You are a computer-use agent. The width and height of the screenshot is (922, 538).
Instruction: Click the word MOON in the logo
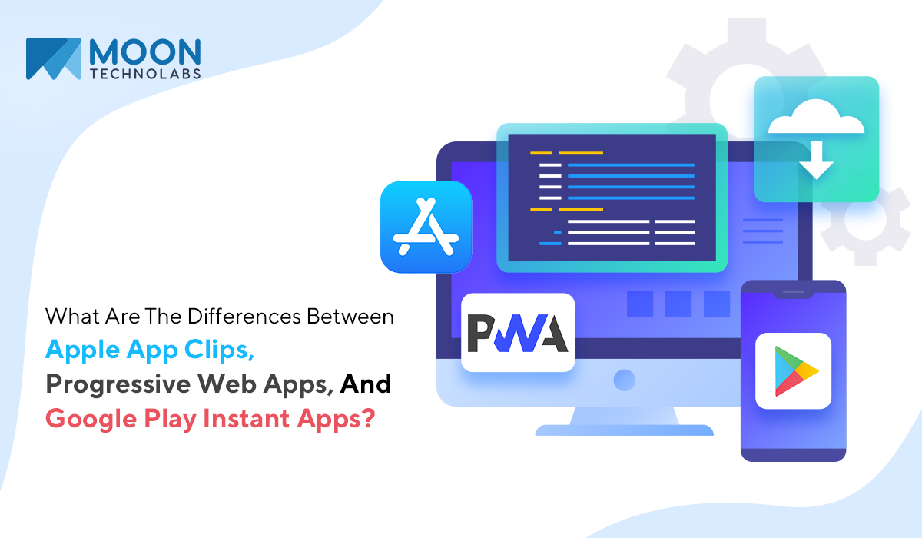[145, 51]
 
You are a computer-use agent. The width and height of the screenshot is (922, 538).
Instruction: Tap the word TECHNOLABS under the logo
[145, 74]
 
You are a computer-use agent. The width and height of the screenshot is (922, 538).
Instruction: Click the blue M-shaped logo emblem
[54, 59]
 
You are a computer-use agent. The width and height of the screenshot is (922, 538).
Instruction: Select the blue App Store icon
[426, 227]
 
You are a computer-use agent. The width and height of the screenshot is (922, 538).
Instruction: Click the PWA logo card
[518, 333]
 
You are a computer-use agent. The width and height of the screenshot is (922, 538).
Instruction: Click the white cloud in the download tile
[816, 117]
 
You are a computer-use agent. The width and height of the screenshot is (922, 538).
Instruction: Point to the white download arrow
[817, 160]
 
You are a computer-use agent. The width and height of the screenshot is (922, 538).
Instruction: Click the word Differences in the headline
[244, 317]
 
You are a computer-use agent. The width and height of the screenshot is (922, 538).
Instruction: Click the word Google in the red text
[91, 419]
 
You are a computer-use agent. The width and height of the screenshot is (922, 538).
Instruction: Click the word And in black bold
[366, 384]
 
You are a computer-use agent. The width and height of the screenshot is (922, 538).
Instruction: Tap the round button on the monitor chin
[625, 380]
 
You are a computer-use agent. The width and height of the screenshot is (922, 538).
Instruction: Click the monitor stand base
[624, 430]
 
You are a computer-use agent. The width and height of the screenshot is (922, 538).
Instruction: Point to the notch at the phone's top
[793, 293]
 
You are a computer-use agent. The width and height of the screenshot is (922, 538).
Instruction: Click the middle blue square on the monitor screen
[678, 304]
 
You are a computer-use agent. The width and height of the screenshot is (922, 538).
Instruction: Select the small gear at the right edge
[866, 220]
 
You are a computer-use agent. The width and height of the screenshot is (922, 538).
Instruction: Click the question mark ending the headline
[367, 418]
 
